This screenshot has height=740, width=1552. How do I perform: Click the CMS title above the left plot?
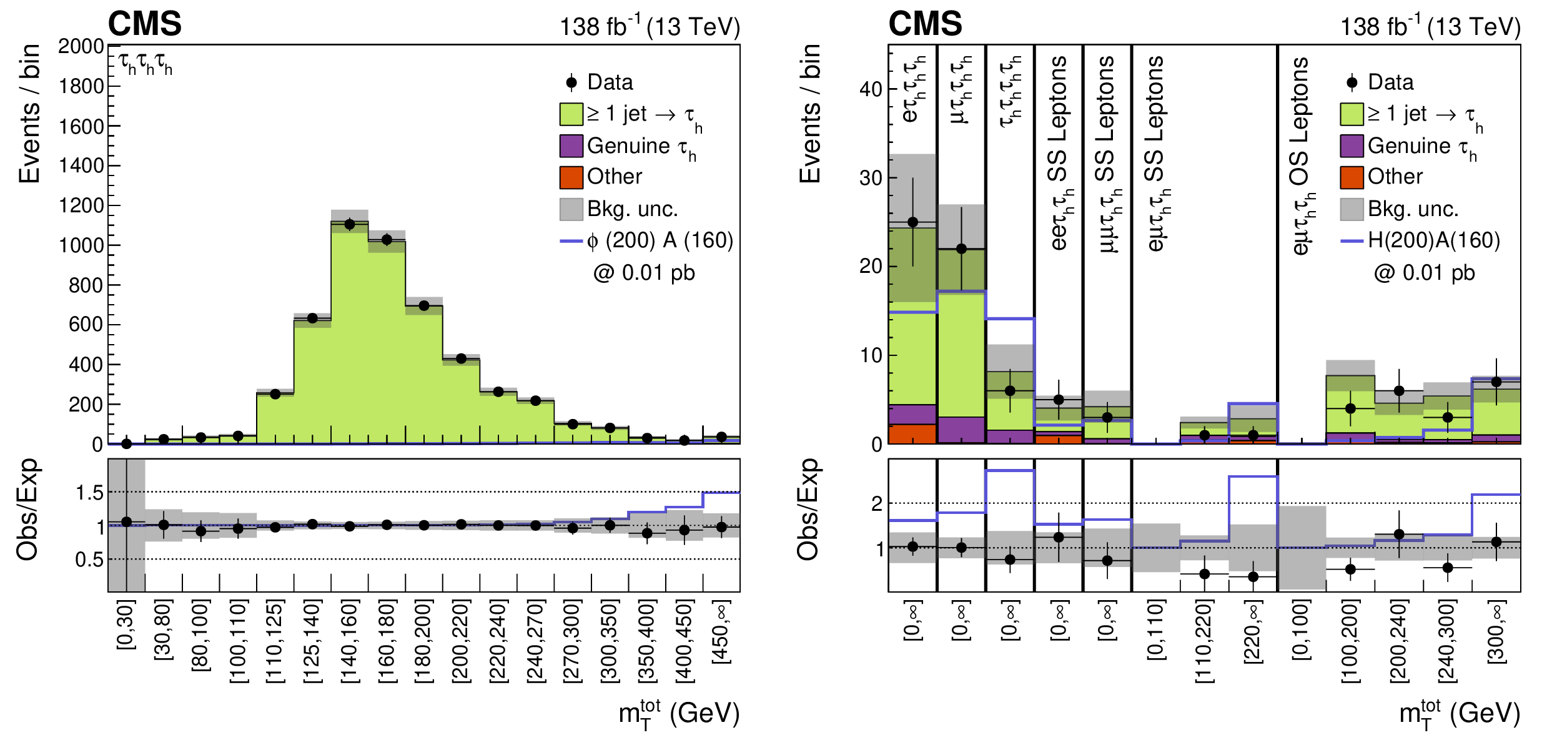[x=145, y=24]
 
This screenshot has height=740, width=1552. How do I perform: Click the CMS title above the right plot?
[x=926, y=24]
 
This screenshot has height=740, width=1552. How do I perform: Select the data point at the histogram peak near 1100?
[x=350, y=224]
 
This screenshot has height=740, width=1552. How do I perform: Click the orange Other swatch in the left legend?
[x=571, y=177]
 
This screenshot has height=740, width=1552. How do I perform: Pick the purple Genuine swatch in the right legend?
[x=1352, y=146]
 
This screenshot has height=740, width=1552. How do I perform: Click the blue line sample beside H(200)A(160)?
[x=1352, y=241]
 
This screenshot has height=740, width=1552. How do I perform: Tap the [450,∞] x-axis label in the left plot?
[x=721, y=632]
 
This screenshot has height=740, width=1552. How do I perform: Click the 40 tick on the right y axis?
[x=871, y=89]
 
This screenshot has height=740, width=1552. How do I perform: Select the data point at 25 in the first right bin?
[x=912, y=222]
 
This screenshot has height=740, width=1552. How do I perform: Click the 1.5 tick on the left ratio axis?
[x=90, y=493]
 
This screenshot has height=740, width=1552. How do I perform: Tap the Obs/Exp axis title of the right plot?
[x=808, y=510]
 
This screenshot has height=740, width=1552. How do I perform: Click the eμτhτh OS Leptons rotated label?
[x=1300, y=156]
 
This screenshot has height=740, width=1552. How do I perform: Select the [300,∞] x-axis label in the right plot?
[x=1496, y=632]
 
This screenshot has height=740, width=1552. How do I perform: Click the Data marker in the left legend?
[x=571, y=82]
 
